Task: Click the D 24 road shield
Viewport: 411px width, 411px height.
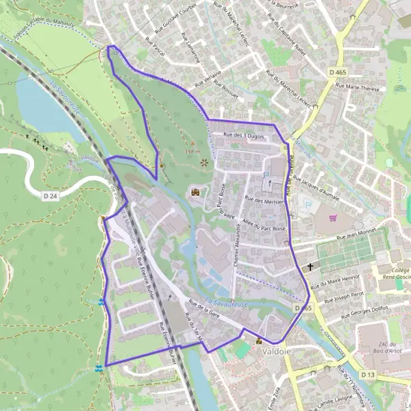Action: click(49, 195)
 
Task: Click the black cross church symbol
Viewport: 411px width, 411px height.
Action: click(310, 266)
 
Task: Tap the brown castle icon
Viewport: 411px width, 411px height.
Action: click(195, 192)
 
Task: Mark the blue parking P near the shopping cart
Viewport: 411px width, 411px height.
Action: click(310, 203)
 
